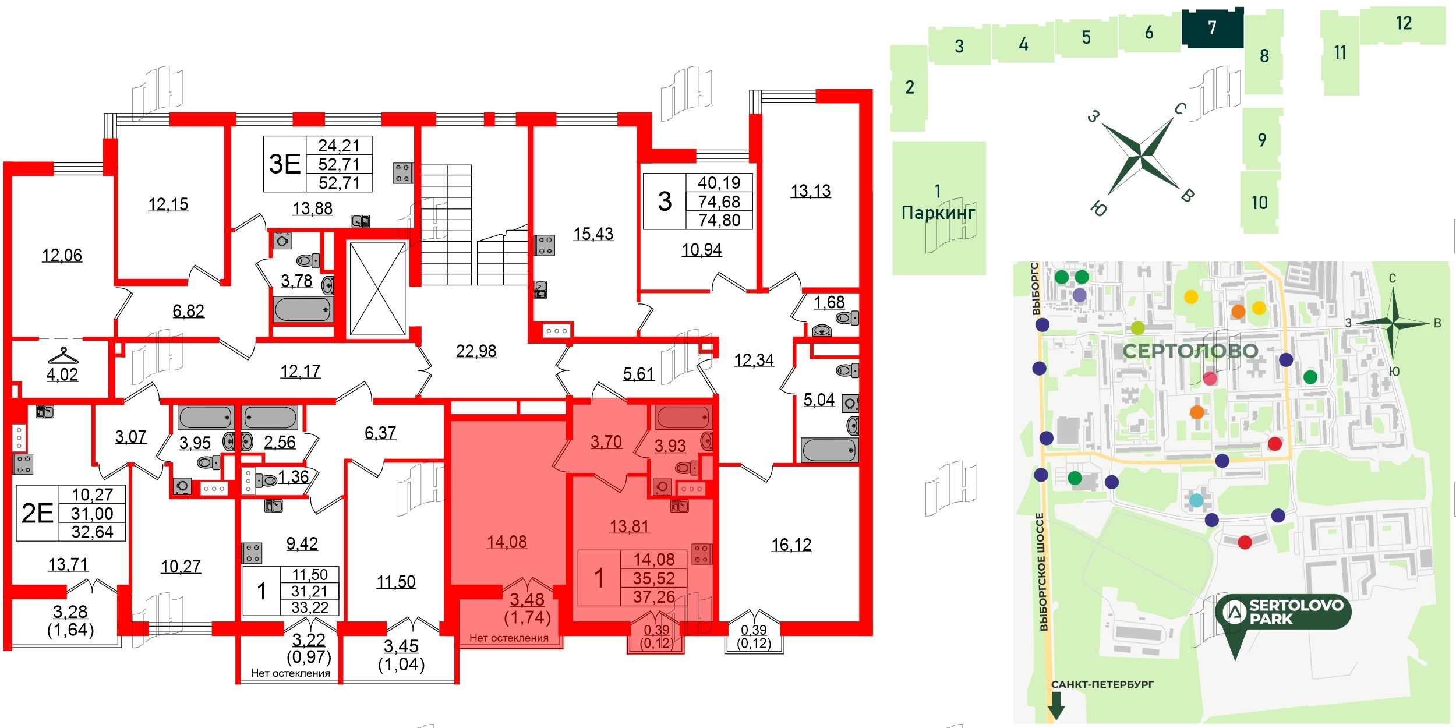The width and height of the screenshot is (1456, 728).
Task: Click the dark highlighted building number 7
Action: point(1212,27)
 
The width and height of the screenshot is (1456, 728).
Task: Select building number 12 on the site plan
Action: point(1404,24)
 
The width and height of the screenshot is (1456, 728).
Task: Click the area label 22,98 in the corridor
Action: point(476,351)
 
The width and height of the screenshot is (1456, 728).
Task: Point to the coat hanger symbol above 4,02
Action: point(62,355)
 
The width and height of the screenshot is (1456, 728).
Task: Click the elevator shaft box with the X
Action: point(377,289)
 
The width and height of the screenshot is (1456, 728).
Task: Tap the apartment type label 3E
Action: point(284,164)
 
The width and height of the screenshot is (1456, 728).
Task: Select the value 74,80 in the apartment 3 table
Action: point(719,220)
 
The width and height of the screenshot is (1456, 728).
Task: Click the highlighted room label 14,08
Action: point(507,542)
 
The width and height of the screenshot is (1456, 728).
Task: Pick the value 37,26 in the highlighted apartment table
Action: point(654,597)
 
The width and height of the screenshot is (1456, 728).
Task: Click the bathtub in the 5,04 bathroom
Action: point(829,450)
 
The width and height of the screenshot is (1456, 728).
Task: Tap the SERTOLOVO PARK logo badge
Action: point(1283,612)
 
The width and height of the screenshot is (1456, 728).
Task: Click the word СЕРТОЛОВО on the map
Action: point(1190,351)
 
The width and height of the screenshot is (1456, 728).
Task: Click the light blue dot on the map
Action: point(1196,500)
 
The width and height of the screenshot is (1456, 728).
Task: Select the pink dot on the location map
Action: point(1210,379)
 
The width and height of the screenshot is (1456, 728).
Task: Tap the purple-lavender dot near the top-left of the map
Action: point(1079,295)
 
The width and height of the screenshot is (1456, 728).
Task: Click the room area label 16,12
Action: point(791,545)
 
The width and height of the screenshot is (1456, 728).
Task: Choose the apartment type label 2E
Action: point(37,513)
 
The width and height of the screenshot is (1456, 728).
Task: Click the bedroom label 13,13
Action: point(810,191)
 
